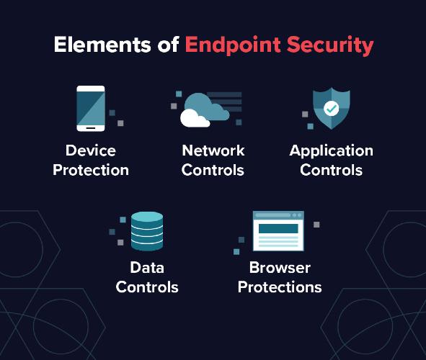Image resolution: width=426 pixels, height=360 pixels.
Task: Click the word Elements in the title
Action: point(102,45)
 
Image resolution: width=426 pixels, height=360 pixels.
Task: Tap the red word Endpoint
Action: point(233,45)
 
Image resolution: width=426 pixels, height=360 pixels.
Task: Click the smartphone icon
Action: point(91,109)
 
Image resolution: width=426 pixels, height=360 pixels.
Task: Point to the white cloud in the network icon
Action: point(195,118)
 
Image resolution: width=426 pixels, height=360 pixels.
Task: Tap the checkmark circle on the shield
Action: point(331,109)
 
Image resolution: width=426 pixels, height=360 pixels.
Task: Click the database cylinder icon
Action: point(147,231)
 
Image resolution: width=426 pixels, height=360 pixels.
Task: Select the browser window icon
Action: point(278,231)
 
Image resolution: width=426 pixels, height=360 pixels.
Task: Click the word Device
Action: point(91,150)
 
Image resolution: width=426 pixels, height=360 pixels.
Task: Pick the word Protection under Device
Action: point(91,170)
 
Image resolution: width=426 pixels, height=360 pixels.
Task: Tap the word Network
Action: point(213,150)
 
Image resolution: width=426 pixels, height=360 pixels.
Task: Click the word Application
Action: point(332,151)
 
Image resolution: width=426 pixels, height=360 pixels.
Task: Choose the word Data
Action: point(147,268)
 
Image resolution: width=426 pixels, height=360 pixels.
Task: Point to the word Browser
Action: point(280,268)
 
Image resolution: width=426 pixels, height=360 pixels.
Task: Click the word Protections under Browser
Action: point(280,287)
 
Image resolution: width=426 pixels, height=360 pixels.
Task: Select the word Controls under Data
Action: point(147,287)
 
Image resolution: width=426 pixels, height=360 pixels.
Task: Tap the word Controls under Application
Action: point(332,170)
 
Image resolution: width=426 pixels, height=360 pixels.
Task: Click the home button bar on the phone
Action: point(91,128)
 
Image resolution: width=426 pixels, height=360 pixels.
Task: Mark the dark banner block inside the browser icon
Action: point(278,228)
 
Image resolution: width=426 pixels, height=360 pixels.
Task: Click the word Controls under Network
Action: point(213,170)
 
